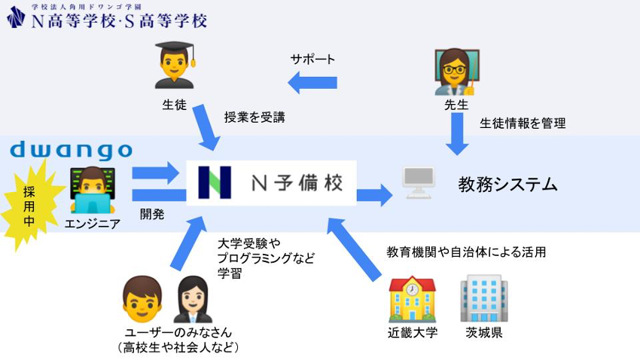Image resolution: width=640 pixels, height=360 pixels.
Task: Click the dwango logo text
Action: pyautogui.click(x=71, y=150)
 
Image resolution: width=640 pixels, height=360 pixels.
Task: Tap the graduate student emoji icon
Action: pyautogui.click(x=175, y=66)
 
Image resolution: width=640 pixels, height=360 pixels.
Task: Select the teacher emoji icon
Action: pyautogui.click(x=456, y=72)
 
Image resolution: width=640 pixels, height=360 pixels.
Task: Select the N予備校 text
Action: pyautogui.click(x=297, y=183)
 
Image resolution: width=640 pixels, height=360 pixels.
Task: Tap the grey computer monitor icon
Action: pyautogui.click(x=419, y=184)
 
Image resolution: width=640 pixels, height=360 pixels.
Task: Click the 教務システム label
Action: pyautogui.click(x=507, y=184)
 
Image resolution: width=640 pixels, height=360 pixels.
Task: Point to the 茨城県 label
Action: pyautogui.click(x=483, y=333)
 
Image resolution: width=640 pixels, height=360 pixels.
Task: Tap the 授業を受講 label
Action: pyautogui.click(x=254, y=117)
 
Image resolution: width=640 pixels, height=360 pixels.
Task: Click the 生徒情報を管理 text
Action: pyautogui.click(x=523, y=123)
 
